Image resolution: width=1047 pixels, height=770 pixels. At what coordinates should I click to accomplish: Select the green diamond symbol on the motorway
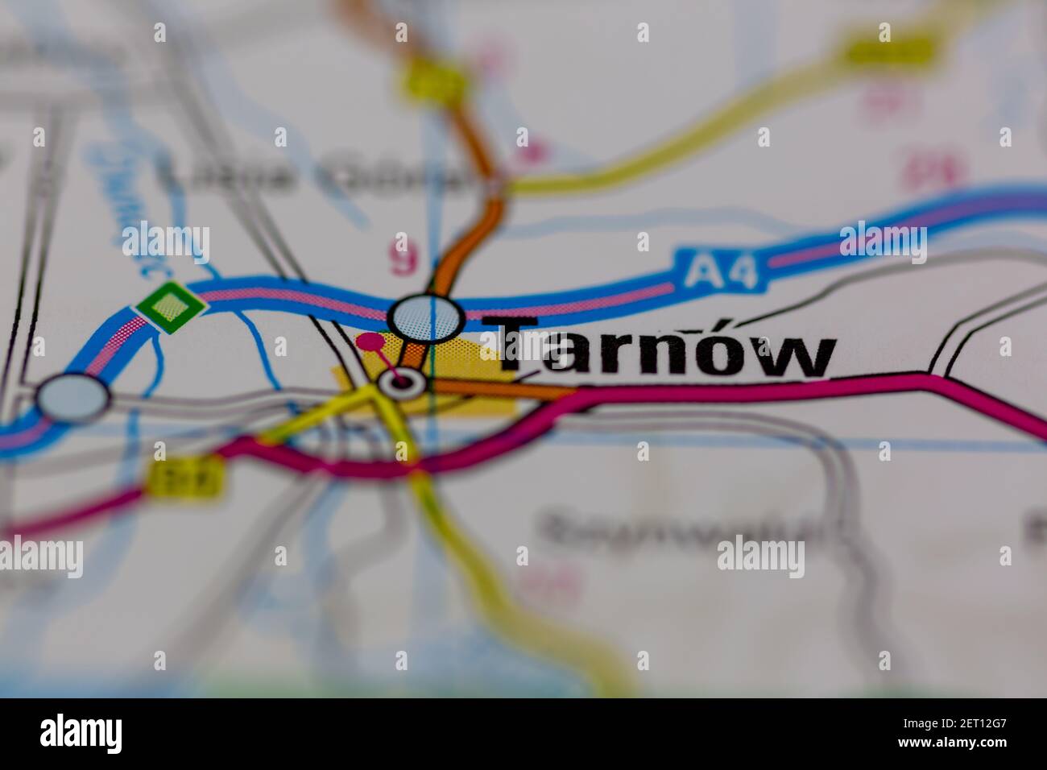[x=168, y=306]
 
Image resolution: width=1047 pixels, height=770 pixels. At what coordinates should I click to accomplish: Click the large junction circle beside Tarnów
[x=427, y=317]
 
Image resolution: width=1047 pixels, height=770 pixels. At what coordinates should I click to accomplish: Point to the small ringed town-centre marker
[x=402, y=382]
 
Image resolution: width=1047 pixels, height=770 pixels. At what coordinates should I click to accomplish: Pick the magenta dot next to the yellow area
[x=370, y=342]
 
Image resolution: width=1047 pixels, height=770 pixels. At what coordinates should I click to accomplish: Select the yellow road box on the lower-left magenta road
[x=185, y=479]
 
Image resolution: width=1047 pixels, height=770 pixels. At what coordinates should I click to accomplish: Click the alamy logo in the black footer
[x=81, y=734]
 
